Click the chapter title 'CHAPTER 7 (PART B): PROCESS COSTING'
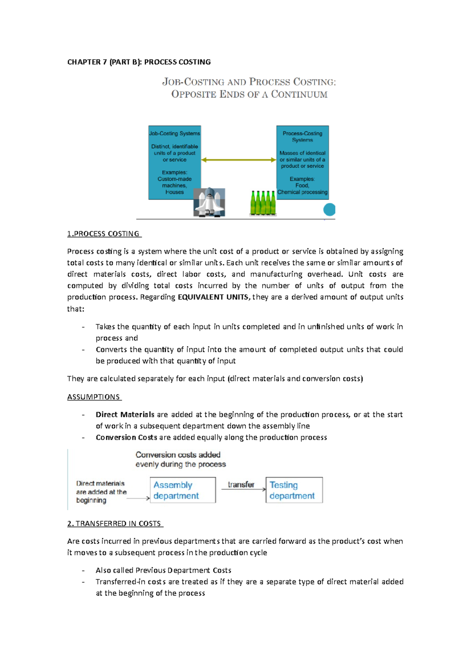coord(139,62)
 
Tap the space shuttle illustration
coord(209,202)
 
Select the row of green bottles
coord(263,203)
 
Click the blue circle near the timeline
coord(329,209)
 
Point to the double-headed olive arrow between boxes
coord(239,160)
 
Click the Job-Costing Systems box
coord(175,162)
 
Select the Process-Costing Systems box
coord(302,162)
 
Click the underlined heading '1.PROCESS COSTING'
coord(104,234)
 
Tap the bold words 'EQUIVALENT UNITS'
coord(213,297)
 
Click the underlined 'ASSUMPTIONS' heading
coord(94,397)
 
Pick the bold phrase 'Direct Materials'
coord(125,414)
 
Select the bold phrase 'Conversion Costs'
coord(126,437)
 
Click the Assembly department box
coord(183,490)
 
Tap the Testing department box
coord(294,490)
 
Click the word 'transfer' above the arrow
coord(241,484)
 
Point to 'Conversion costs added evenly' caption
coord(180,459)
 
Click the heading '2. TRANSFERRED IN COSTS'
coord(115,524)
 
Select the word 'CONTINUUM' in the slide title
coord(299,94)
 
